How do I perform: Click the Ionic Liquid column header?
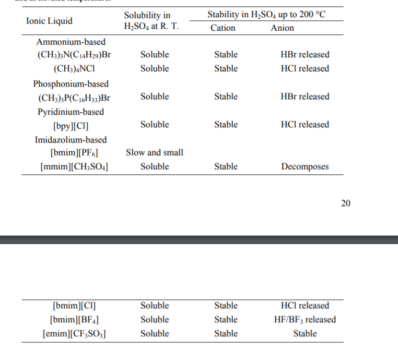pyautogui.click(x=49, y=21)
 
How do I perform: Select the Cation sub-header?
pyautogui.click(x=223, y=28)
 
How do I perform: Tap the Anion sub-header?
pyautogui.click(x=282, y=28)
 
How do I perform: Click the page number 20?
pyautogui.click(x=346, y=203)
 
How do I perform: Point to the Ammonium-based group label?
pyautogui.click(x=71, y=42)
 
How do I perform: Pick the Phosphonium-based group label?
pyautogui.click(x=71, y=84)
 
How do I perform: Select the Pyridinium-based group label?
pyautogui.click(x=71, y=112)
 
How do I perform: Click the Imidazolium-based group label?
pyautogui.click(x=71, y=140)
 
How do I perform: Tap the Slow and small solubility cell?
pyautogui.click(x=154, y=153)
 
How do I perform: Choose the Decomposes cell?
pyautogui.click(x=305, y=167)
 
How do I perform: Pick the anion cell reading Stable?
pyautogui.click(x=305, y=333)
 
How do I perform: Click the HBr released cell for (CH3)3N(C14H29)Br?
pyautogui.click(x=305, y=55)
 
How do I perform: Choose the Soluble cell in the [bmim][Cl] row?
pyautogui.click(x=154, y=305)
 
